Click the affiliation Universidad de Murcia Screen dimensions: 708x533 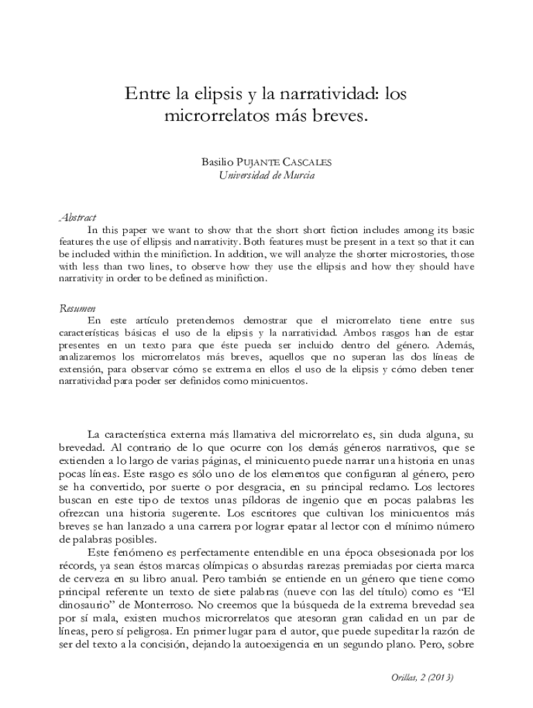click(266, 176)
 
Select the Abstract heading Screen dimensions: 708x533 click(78, 218)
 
